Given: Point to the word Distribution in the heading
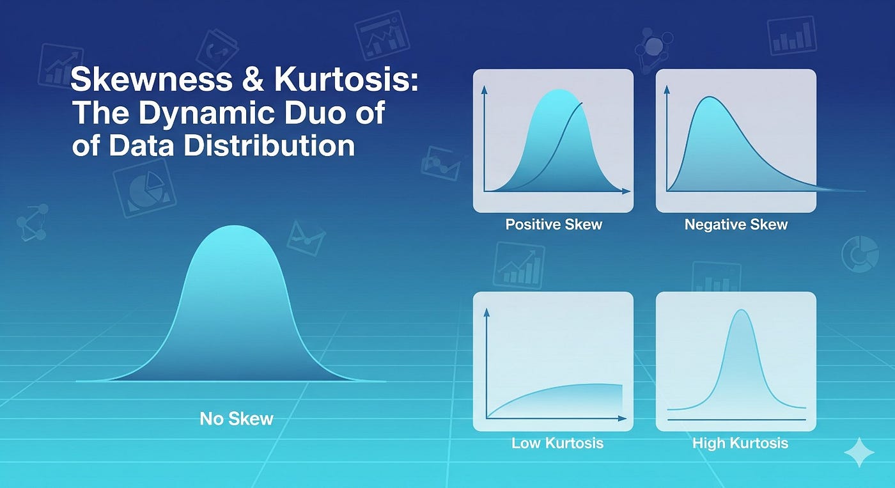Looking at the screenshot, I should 269,145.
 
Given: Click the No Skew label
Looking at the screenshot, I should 237,419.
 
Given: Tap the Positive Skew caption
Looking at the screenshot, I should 554,224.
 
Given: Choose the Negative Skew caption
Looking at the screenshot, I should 736,224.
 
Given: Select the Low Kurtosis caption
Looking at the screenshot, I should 557,443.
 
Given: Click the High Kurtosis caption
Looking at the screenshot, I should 740,443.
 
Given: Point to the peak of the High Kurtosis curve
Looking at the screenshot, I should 741,311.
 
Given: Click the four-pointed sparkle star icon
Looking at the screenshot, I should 859,452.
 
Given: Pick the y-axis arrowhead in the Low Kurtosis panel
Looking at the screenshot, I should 487,311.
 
